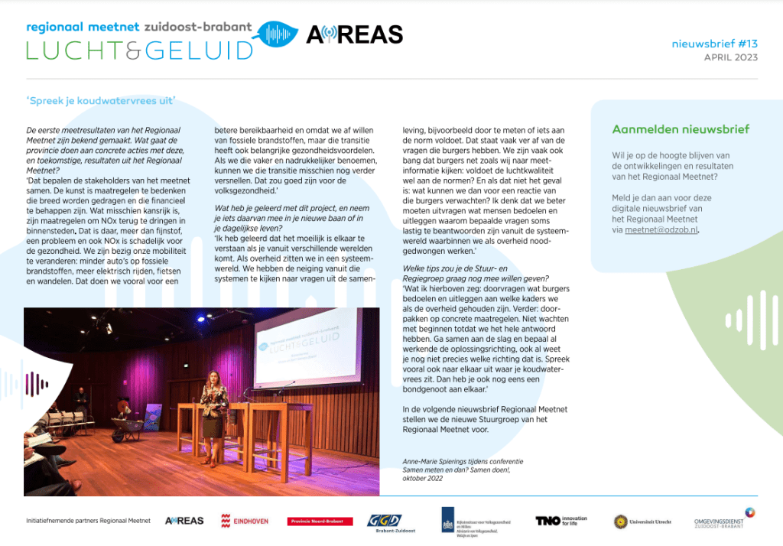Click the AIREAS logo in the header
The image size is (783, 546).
coord(354,35)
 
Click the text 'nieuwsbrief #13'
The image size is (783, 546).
coord(714,44)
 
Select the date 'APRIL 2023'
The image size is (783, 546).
coord(731,58)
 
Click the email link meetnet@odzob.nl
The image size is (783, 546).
coord(661,229)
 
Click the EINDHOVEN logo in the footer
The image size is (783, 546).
coord(244,521)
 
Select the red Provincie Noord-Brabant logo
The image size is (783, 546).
coord(320,522)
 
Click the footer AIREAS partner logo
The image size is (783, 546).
coord(184,521)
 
